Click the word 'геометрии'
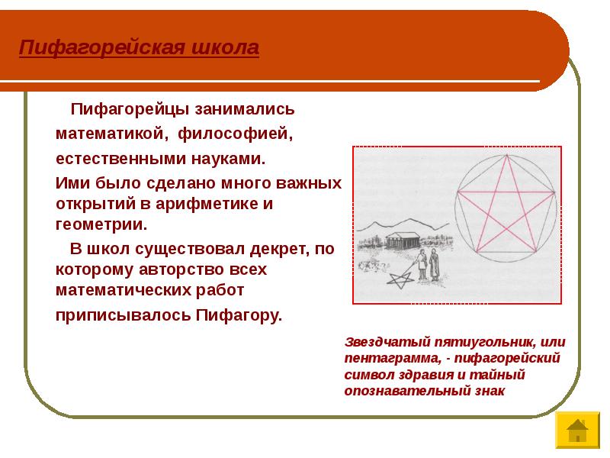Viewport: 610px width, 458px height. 101,225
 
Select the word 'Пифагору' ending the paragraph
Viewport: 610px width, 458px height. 238,315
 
